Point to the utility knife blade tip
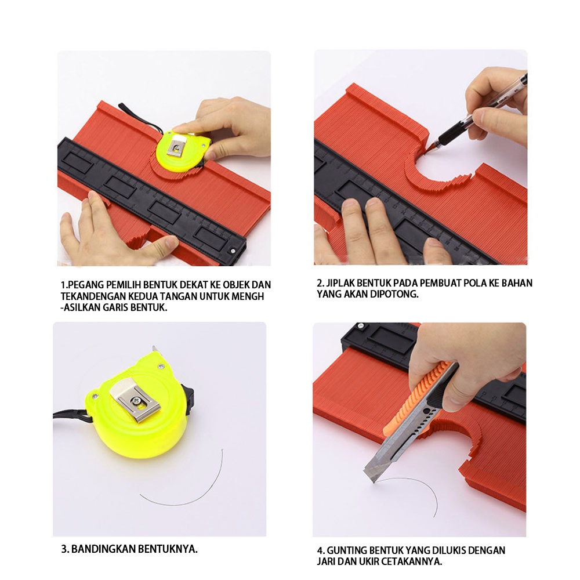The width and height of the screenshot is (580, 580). coord(373,482)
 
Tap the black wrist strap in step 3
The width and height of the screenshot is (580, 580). coord(74,417)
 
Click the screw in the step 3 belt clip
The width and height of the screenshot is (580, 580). coord(137,400)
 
